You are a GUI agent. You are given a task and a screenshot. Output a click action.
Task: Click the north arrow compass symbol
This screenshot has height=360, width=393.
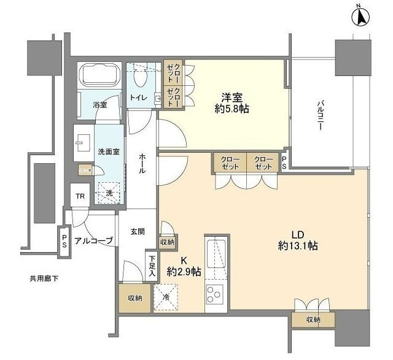361,17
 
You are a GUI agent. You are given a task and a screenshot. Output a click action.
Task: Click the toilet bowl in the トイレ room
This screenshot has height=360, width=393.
141,79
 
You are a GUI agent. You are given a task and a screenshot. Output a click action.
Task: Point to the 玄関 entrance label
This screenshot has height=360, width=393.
137,231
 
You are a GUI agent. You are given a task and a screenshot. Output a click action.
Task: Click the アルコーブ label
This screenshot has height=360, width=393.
93,240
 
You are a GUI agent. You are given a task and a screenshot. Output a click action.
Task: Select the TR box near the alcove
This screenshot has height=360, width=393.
80,196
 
